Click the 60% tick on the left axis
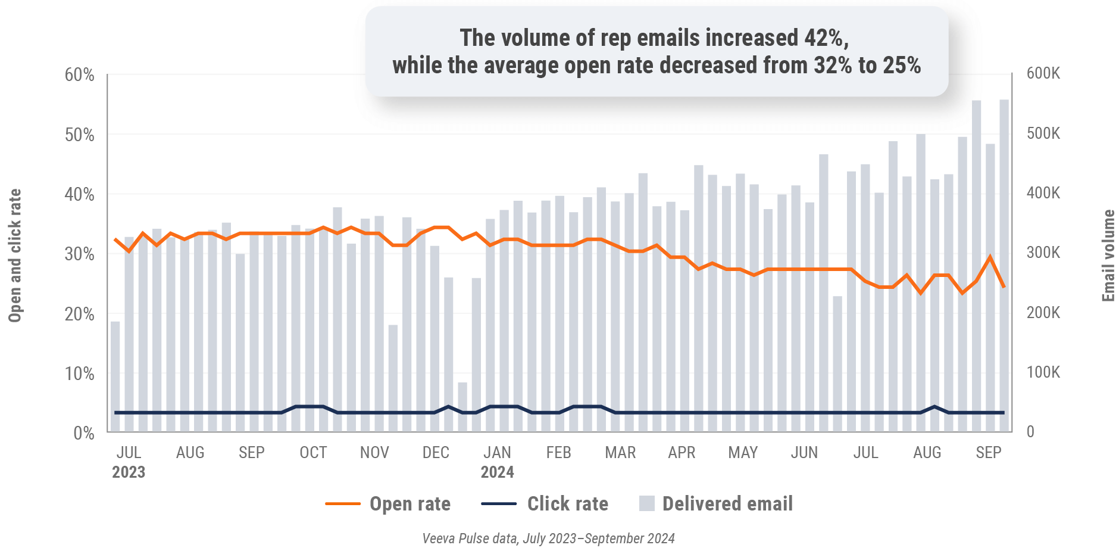click(x=79, y=75)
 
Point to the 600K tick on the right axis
click(x=1043, y=73)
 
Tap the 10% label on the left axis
click(x=79, y=373)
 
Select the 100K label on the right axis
click(x=1043, y=372)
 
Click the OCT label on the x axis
click(x=313, y=453)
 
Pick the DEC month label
click(x=436, y=453)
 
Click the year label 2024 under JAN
click(x=497, y=472)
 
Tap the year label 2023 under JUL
click(x=129, y=472)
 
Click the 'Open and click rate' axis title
click(x=15, y=256)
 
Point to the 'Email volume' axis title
click(x=1108, y=256)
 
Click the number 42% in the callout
click(x=824, y=38)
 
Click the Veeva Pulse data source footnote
click(x=548, y=538)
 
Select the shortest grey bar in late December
click(x=462, y=407)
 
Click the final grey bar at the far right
click(x=1004, y=265)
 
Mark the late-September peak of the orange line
click(x=990, y=257)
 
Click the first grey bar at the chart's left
click(x=115, y=376)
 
